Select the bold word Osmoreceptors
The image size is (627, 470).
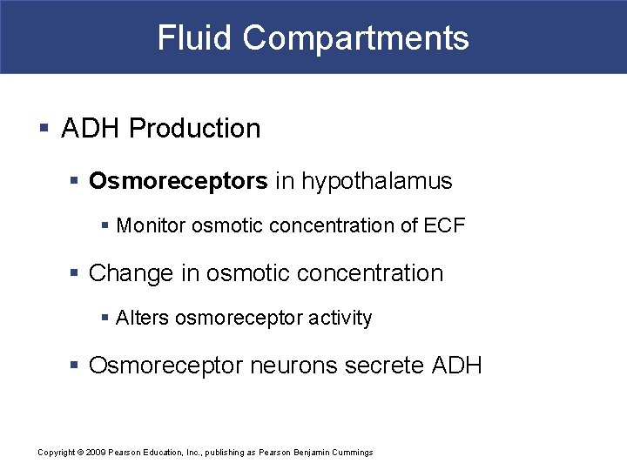point(179,181)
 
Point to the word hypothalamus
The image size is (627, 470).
point(377,181)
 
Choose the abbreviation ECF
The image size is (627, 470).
point(444,226)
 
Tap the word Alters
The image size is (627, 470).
point(142,319)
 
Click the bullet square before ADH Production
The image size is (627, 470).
point(44,129)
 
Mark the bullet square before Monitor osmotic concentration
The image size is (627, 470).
point(104,226)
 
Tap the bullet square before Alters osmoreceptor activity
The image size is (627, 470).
point(104,319)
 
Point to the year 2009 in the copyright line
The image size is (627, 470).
point(95,452)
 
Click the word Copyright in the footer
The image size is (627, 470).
point(57,452)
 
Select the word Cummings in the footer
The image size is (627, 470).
point(352,452)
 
